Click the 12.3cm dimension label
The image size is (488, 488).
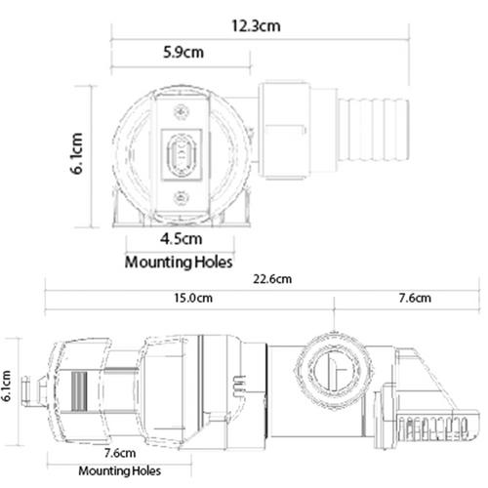tap(256, 26)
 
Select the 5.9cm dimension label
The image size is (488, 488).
tap(183, 52)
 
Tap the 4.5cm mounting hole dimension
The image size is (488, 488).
tap(182, 239)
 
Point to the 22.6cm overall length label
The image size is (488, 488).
tap(272, 279)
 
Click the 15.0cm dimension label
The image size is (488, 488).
tap(193, 298)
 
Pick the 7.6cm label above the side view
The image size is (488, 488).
tap(415, 298)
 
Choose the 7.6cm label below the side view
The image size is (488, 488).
tap(120, 453)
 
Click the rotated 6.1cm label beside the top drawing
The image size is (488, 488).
tap(77, 153)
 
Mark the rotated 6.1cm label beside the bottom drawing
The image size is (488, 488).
tap(6, 386)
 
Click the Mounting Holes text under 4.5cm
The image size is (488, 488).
tap(179, 263)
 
